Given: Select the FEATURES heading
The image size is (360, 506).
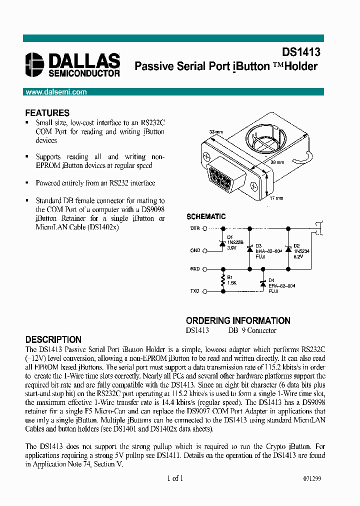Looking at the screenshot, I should click(47, 113).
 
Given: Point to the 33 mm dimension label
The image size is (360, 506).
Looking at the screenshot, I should click(215, 132).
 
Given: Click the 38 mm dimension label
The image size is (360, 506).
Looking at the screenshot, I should click(278, 162).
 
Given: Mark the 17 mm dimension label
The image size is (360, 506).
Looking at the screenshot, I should click(276, 198).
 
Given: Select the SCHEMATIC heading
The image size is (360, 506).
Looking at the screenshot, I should click(206, 216).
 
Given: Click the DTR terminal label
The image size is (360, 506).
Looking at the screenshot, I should click(195, 228).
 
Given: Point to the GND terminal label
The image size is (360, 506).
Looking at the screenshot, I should click(195, 250).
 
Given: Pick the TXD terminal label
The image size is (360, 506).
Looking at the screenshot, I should click(194, 290).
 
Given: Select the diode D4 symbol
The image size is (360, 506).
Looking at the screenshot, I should click(263, 283).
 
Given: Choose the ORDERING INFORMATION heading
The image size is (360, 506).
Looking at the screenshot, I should click(238, 320).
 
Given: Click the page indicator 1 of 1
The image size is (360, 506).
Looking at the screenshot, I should click(175, 478).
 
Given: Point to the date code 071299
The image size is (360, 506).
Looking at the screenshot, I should click(311, 478).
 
